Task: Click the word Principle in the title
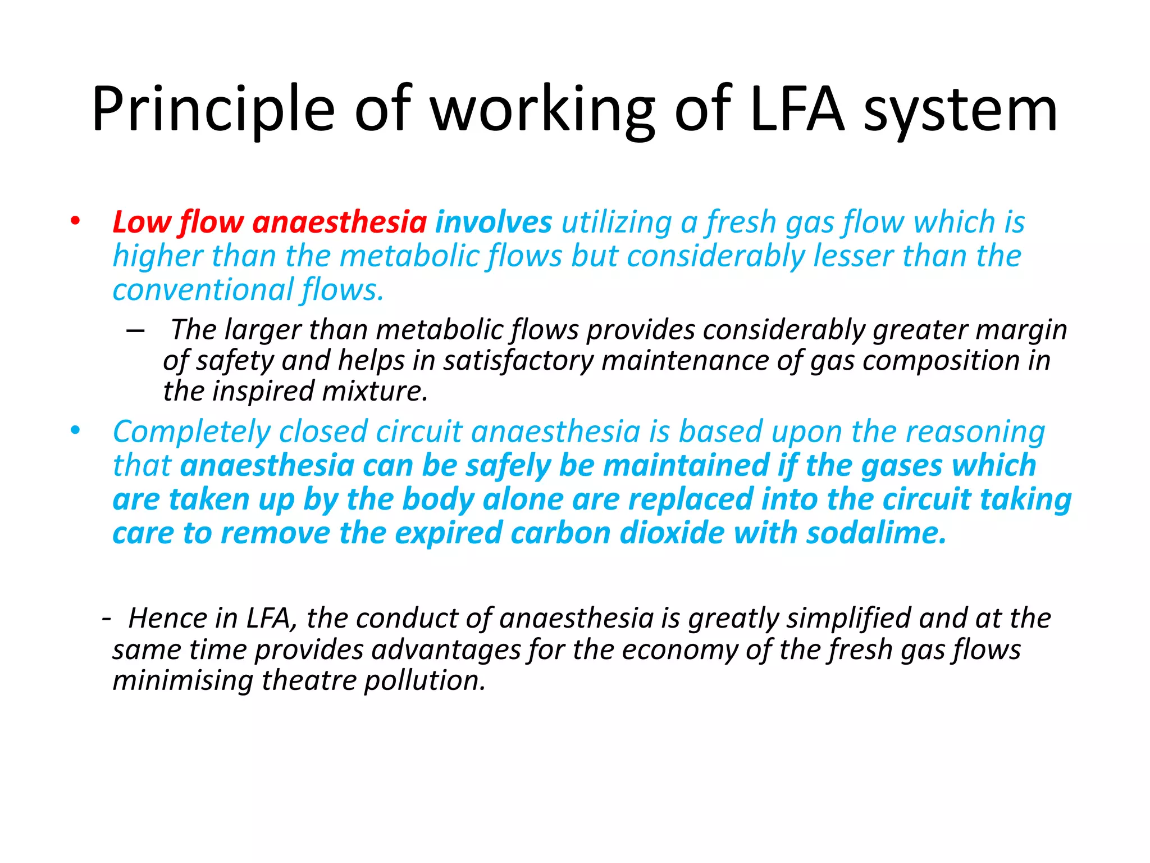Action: [213, 110]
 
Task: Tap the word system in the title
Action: [960, 110]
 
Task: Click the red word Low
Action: [142, 222]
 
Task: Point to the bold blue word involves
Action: [494, 222]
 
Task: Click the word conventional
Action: [203, 290]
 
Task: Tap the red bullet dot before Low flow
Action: [75, 221]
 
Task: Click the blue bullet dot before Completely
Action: [75, 430]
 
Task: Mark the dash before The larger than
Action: [135, 330]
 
